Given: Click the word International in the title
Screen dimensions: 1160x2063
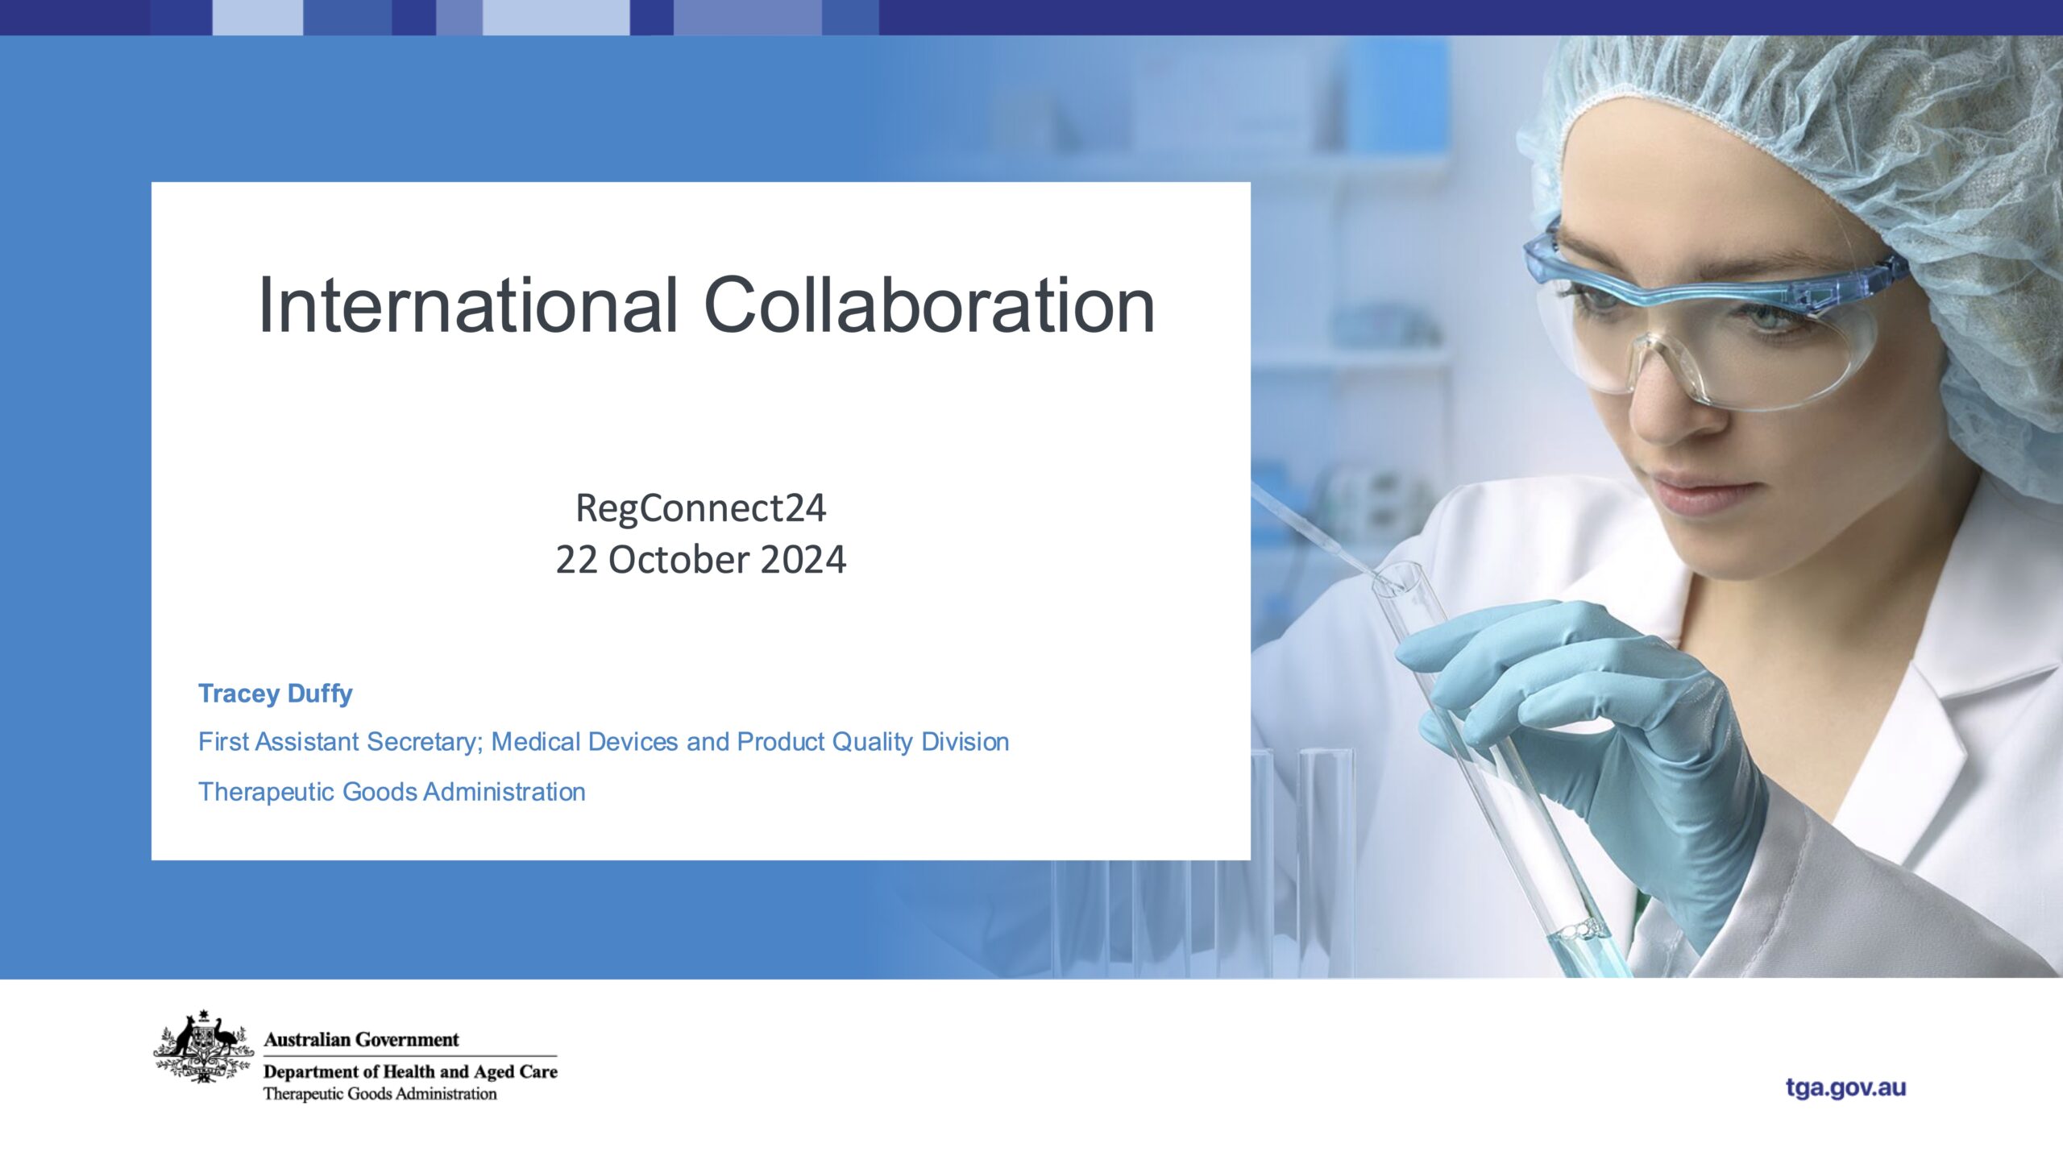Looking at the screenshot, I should coord(467,306).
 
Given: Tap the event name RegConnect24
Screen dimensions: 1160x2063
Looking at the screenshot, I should coord(700,508).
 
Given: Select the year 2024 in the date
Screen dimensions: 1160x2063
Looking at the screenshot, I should coord(803,560).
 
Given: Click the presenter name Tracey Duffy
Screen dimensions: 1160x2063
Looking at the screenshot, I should coord(275,694).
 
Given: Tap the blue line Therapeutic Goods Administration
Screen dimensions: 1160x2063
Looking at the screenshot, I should coord(392,792).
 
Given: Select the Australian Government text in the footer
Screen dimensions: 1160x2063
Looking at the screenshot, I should coord(361,1040).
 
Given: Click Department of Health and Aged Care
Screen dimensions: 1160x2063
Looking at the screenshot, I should coord(410,1072).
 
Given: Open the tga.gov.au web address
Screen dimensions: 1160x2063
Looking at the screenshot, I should coord(1845,1087).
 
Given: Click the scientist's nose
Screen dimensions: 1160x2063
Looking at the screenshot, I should coord(1660,411).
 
